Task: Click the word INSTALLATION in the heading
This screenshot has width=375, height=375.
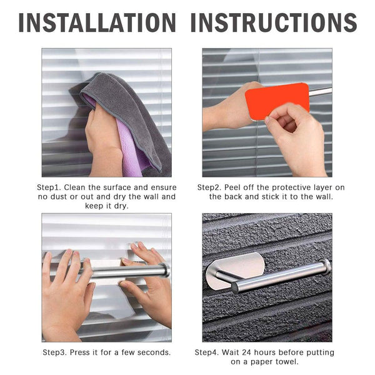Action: (96, 22)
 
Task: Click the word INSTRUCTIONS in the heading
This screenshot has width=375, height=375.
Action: (274, 22)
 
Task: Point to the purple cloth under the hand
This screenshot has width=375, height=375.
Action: (133, 150)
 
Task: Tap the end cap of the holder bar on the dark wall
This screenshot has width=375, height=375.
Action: (324, 267)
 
